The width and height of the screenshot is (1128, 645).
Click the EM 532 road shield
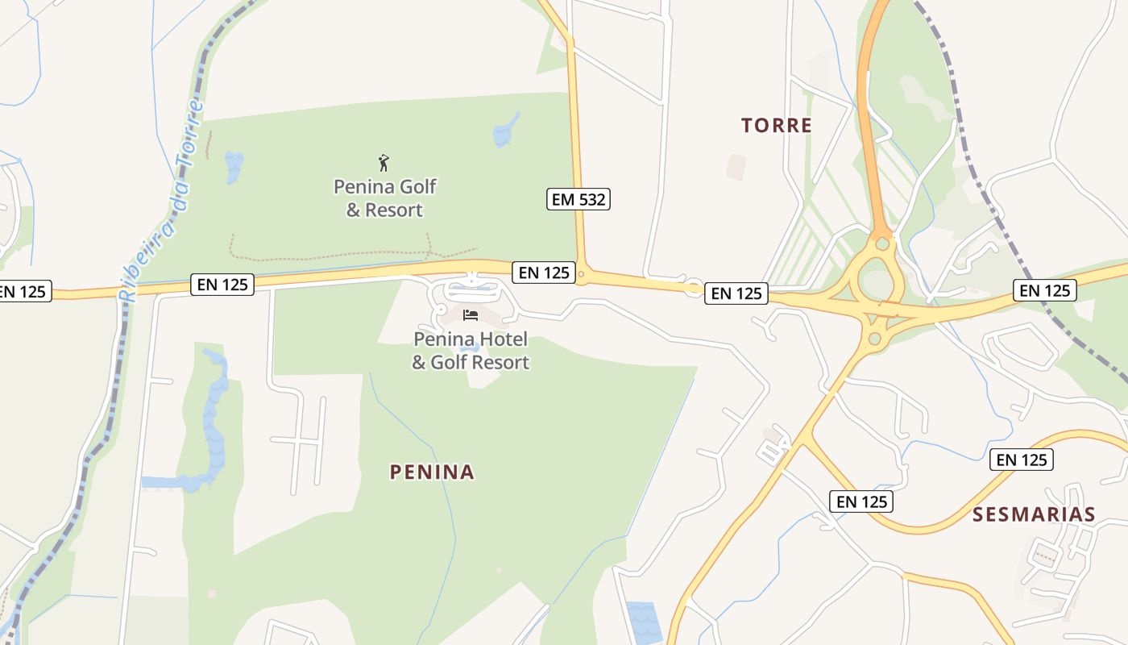(579, 199)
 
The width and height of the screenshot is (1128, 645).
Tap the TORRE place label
(776, 126)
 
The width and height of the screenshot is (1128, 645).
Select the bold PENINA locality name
(432, 472)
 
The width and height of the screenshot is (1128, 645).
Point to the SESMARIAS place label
(1034, 515)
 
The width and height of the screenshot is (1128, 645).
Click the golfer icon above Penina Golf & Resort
(384, 164)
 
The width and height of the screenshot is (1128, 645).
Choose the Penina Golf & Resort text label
(384, 198)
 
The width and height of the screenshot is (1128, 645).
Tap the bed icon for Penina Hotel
(471, 314)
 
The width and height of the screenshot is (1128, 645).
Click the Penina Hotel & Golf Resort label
(471, 351)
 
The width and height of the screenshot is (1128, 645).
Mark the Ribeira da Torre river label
(161, 202)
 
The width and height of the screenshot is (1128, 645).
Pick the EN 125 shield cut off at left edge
(24, 291)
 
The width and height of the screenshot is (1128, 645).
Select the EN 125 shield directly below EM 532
(545, 273)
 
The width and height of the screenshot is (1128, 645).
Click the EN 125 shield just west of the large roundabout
(736, 293)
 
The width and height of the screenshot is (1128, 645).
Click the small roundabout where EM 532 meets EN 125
(581, 277)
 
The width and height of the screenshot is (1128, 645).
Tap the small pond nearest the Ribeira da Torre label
(234, 166)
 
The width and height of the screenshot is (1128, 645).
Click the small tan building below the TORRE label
(736, 167)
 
